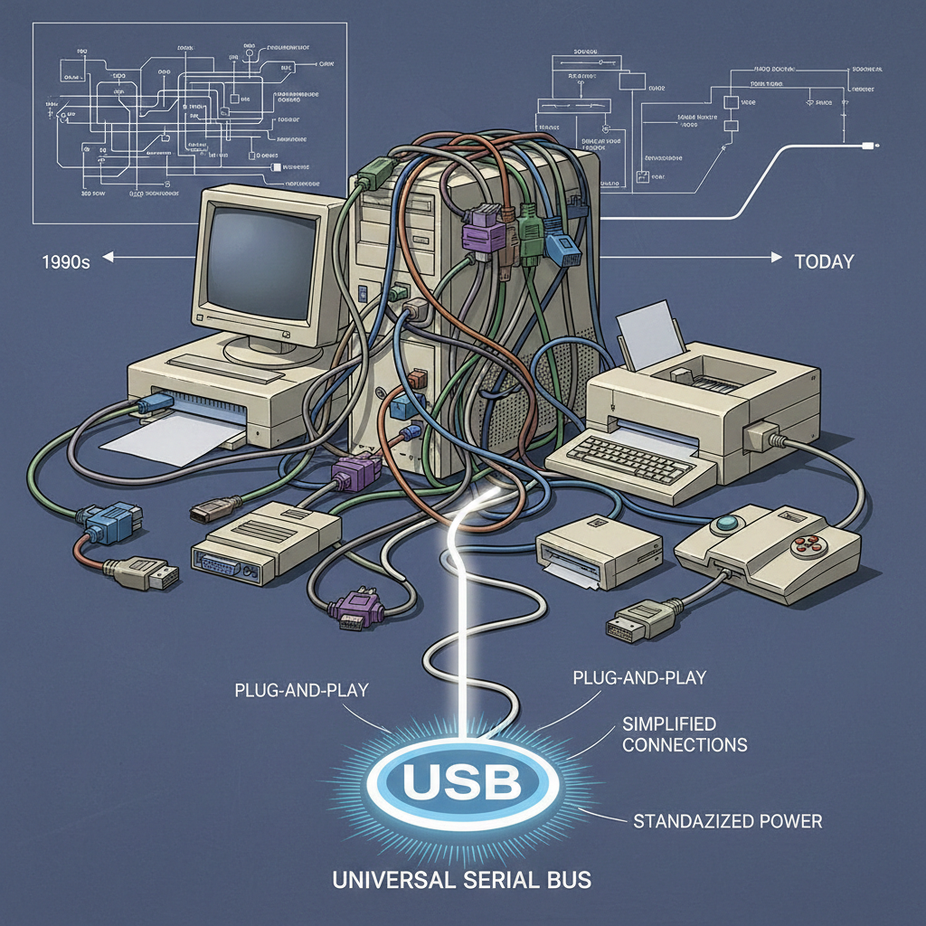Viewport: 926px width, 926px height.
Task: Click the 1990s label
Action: point(67,262)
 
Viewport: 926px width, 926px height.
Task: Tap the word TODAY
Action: point(823,262)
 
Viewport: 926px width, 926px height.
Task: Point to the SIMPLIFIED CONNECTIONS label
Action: point(685,734)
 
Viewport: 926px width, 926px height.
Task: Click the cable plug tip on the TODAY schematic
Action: point(870,145)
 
